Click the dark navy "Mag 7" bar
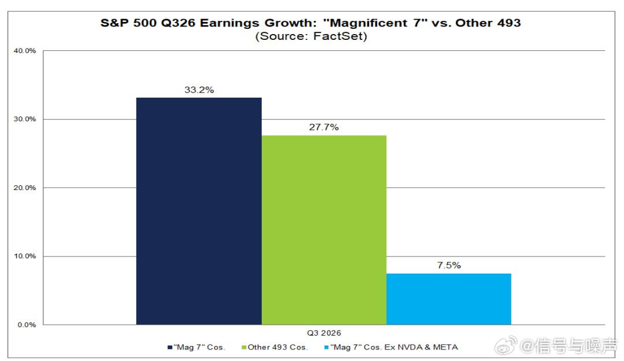click(x=199, y=211)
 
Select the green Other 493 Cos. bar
click(x=324, y=230)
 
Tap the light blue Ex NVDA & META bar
click(x=449, y=299)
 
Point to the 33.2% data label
click(x=199, y=90)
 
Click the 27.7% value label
click(x=324, y=128)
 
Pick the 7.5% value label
click(x=449, y=266)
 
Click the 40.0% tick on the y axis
click(x=25, y=51)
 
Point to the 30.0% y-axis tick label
click(x=25, y=119)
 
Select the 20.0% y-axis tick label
click(x=25, y=188)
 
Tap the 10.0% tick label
click(x=25, y=256)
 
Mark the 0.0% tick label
click(x=27, y=325)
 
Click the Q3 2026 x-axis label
click(x=324, y=333)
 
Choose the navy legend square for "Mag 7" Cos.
click(x=170, y=348)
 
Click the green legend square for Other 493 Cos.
click(x=244, y=348)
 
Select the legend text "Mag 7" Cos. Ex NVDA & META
click(x=394, y=348)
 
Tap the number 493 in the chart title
click(x=508, y=23)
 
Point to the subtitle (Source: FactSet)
click(x=311, y=36)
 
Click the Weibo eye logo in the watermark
click(x=506, y=345)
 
